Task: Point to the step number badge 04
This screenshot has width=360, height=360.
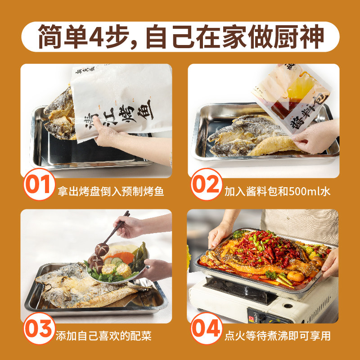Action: coord(206,330)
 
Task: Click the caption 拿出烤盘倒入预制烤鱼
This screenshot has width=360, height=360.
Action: coord(110,191)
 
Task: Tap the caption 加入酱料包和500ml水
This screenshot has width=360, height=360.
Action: coord(278,191)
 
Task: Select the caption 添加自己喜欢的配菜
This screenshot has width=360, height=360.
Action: coord(105,336)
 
